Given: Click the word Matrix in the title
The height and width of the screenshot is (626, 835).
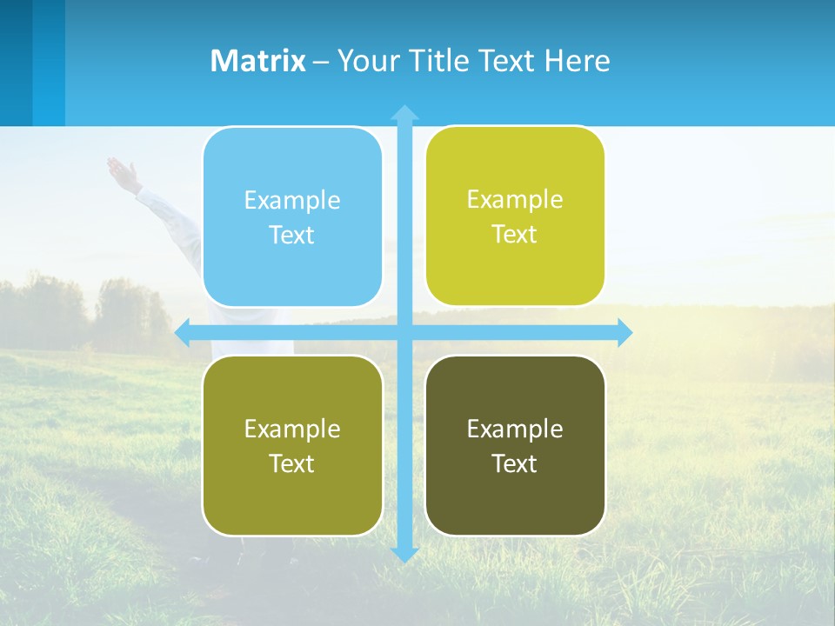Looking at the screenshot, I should coord(257,61).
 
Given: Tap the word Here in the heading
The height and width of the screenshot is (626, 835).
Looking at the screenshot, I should coord(577,61).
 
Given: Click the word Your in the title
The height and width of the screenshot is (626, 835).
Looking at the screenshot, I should coord(366,61).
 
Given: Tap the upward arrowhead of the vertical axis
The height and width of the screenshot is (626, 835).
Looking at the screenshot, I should coord(404,113).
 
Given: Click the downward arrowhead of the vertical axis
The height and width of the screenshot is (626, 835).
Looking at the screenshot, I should coord(404,553).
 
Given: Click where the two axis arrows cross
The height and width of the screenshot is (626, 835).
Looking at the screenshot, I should coord(404,332).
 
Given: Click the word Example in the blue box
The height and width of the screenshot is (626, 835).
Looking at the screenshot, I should coord(292,200).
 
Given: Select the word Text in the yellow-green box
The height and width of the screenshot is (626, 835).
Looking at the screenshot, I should coord(515,234).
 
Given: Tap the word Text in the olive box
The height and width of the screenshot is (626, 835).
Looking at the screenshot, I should coord(292,463).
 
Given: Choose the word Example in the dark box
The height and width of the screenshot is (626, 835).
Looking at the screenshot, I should coord(515,429).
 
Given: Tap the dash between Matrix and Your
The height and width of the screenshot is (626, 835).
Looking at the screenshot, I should coord(321,62).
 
